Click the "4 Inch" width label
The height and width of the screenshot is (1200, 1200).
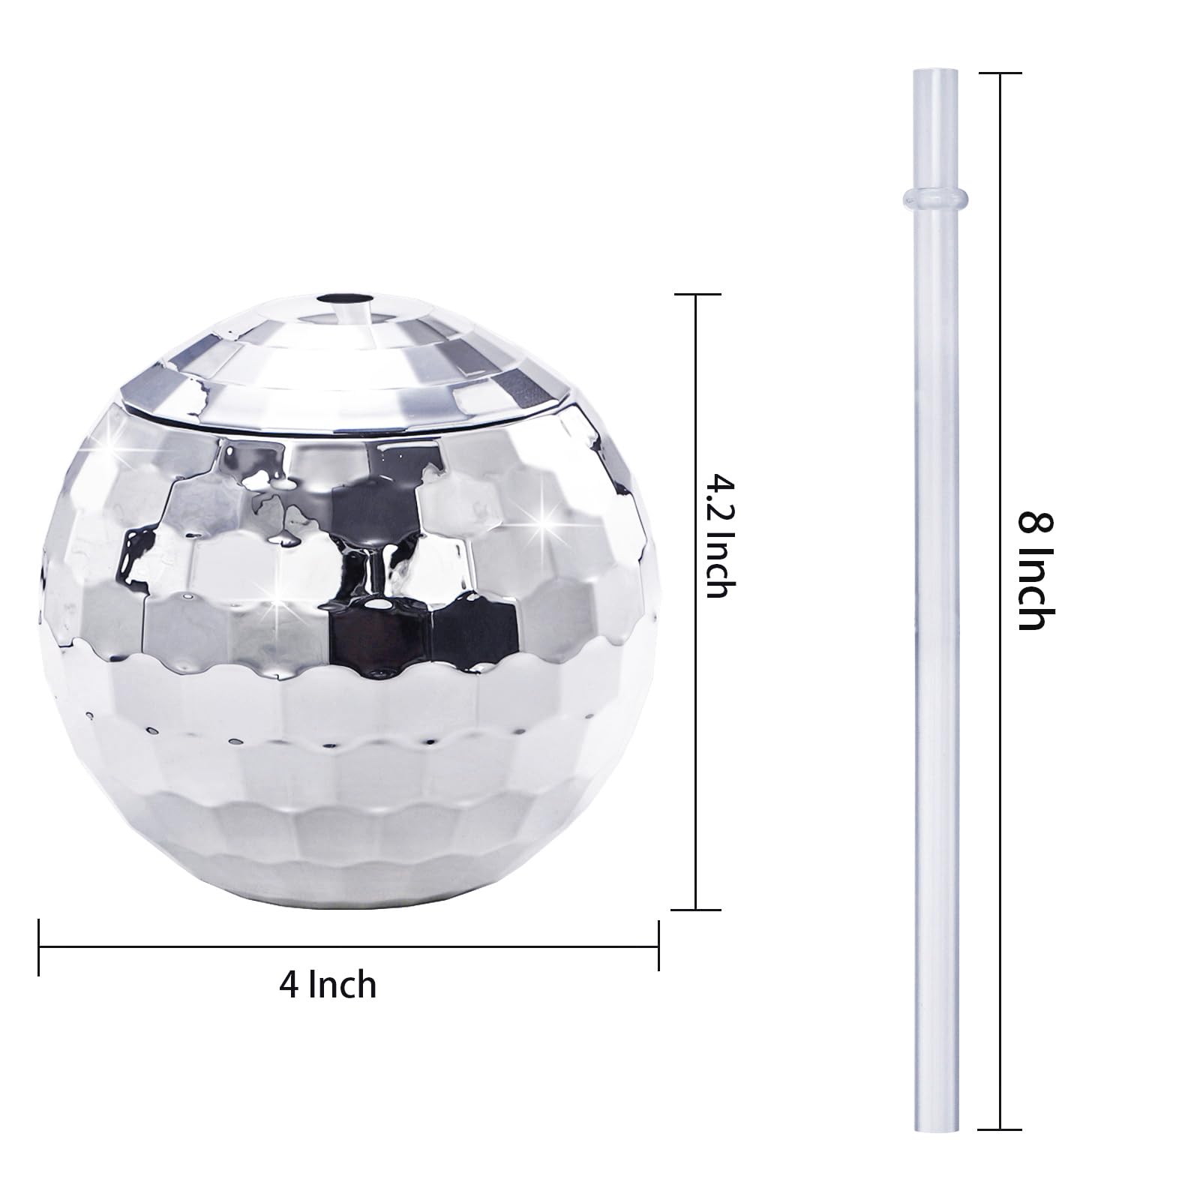(328, 985)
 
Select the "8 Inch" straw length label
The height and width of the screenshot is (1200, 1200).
(1036, 571)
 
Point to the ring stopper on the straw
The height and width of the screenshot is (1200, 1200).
(934, 197)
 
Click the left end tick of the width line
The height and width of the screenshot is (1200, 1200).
(39, 947)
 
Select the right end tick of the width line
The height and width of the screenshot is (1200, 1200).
(658, 947)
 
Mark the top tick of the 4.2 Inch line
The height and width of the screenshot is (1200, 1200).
(697, 295)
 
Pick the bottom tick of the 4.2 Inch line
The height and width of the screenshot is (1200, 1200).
(697, 910)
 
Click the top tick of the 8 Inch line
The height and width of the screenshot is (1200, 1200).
(1000, 73)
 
